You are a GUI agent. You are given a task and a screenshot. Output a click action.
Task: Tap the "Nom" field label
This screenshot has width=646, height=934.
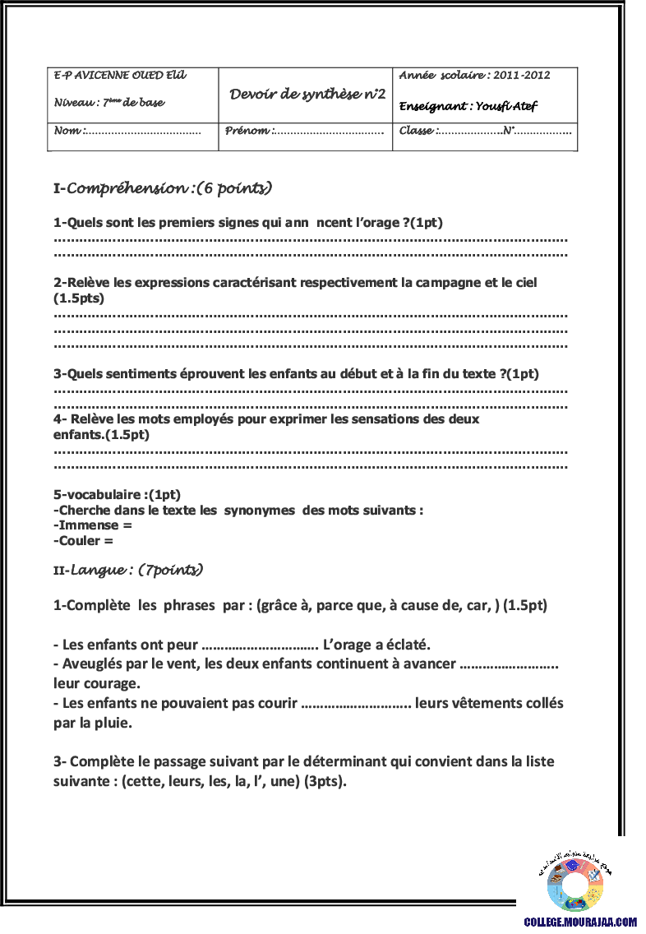(x=68, y=131)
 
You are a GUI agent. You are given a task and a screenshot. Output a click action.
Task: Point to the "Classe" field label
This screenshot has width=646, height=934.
(x=418, y=131)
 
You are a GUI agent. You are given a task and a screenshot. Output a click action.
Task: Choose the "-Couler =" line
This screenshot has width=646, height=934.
(x=83, y=541)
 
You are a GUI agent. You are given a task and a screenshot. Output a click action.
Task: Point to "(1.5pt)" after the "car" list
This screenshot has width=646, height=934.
(x=525, y=605)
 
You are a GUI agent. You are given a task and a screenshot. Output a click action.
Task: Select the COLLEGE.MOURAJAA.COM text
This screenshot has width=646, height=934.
(x=580, y=923)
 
